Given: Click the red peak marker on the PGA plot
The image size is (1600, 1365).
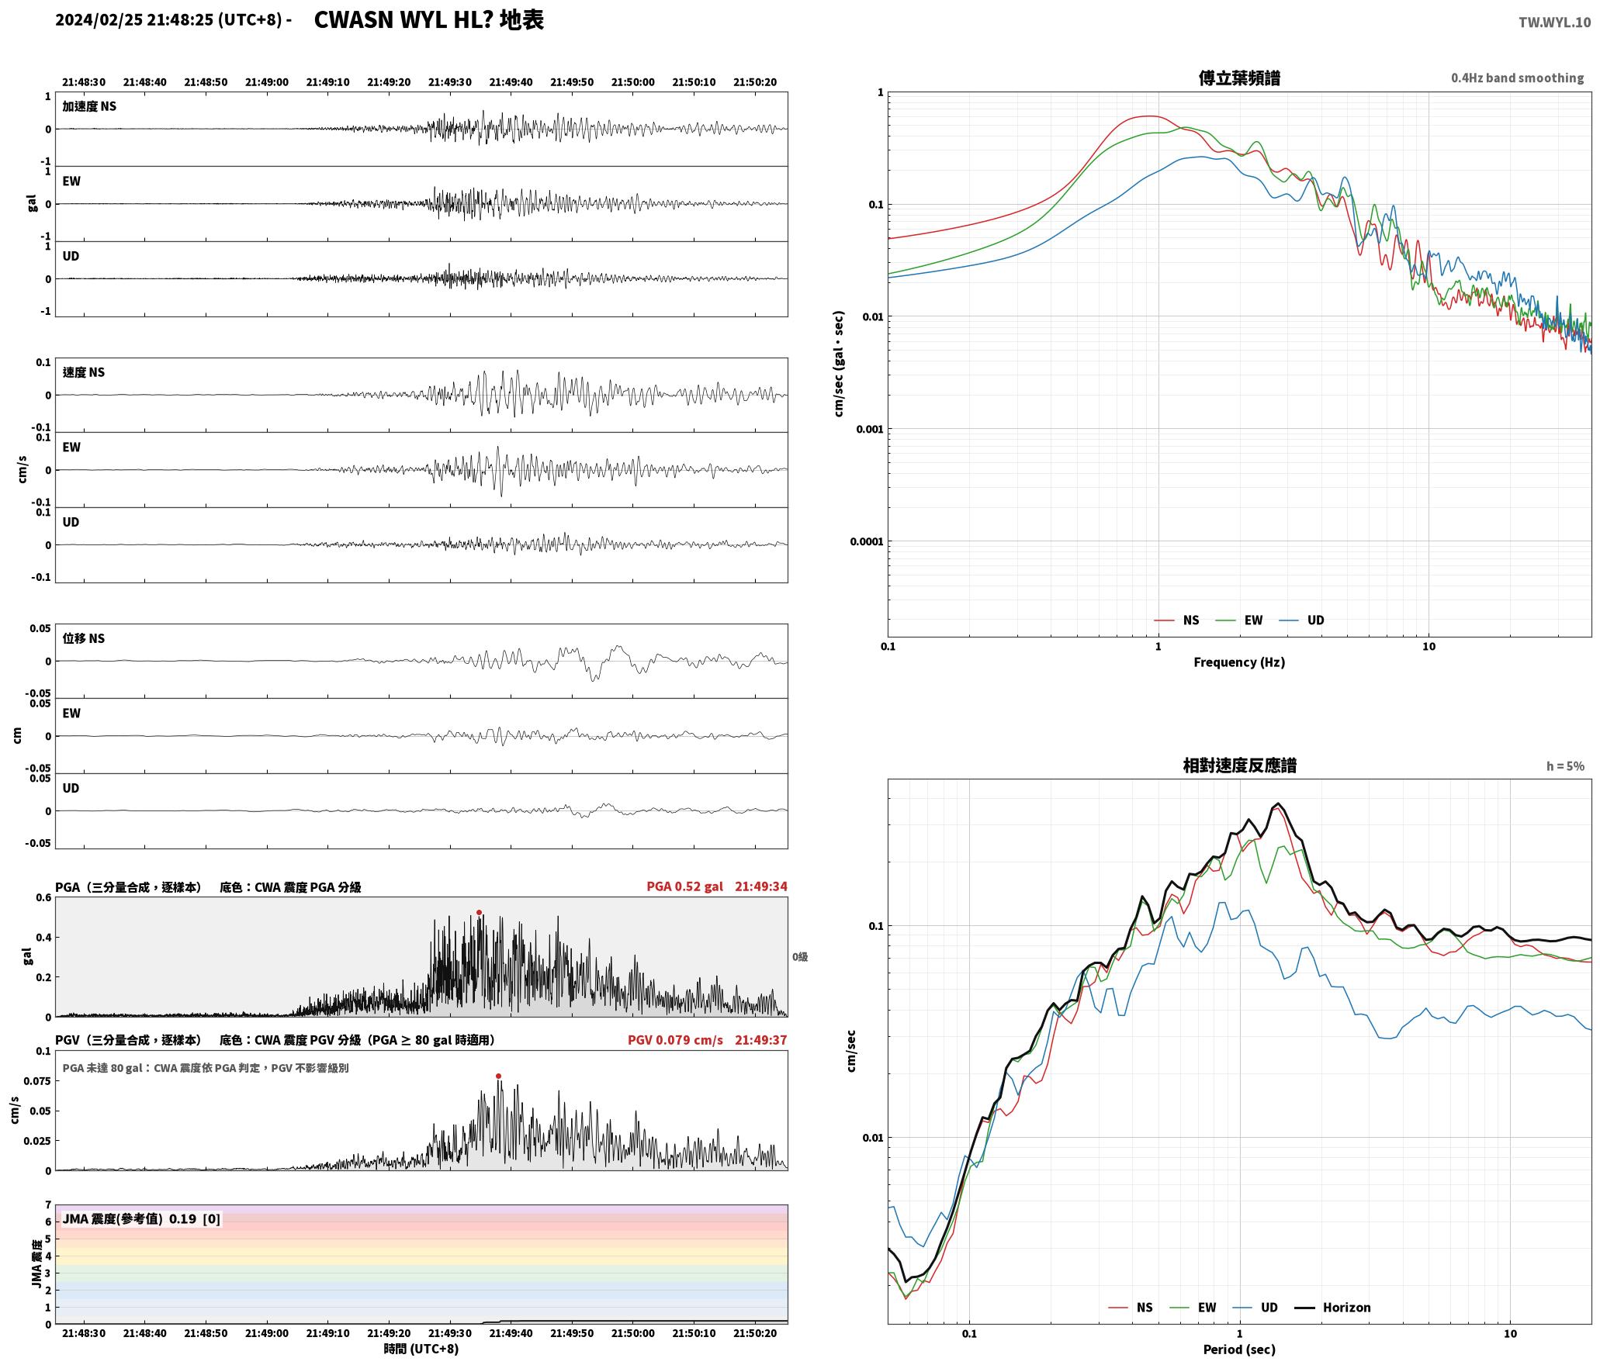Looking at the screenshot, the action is point(479,913).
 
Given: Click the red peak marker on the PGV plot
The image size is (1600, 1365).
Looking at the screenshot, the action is point(498,1076).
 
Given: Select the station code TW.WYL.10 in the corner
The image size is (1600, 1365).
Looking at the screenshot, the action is point(1554,22).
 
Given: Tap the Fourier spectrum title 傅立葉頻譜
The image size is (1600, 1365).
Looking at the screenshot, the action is point(1239,78).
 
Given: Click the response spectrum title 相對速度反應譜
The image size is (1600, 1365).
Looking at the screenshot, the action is point(1239,765).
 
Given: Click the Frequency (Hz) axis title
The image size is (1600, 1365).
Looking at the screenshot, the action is point(1239,662).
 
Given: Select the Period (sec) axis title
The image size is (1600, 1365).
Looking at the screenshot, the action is point(1239,1349).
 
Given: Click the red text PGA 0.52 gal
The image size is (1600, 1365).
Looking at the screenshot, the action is point(684,886).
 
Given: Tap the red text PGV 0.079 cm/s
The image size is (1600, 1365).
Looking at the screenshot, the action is point(675,1040).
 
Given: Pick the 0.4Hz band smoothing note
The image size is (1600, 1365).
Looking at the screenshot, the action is point(1518,78).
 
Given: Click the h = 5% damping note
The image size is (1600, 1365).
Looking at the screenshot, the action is point(1565,766).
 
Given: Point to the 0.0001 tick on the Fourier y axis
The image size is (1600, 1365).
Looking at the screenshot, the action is point(867,541).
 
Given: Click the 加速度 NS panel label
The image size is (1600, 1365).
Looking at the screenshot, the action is point(89,106).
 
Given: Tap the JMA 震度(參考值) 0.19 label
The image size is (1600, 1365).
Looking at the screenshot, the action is point(130,1219).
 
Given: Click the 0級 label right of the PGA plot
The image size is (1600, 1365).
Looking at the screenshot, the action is point(800,957).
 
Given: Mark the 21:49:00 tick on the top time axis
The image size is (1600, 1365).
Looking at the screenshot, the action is point(267,82).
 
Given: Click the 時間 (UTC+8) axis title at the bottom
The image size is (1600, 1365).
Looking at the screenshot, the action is point(421,1349).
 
